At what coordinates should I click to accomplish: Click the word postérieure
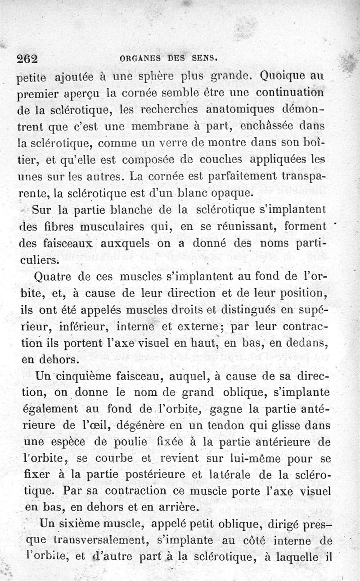click(164, 474)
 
